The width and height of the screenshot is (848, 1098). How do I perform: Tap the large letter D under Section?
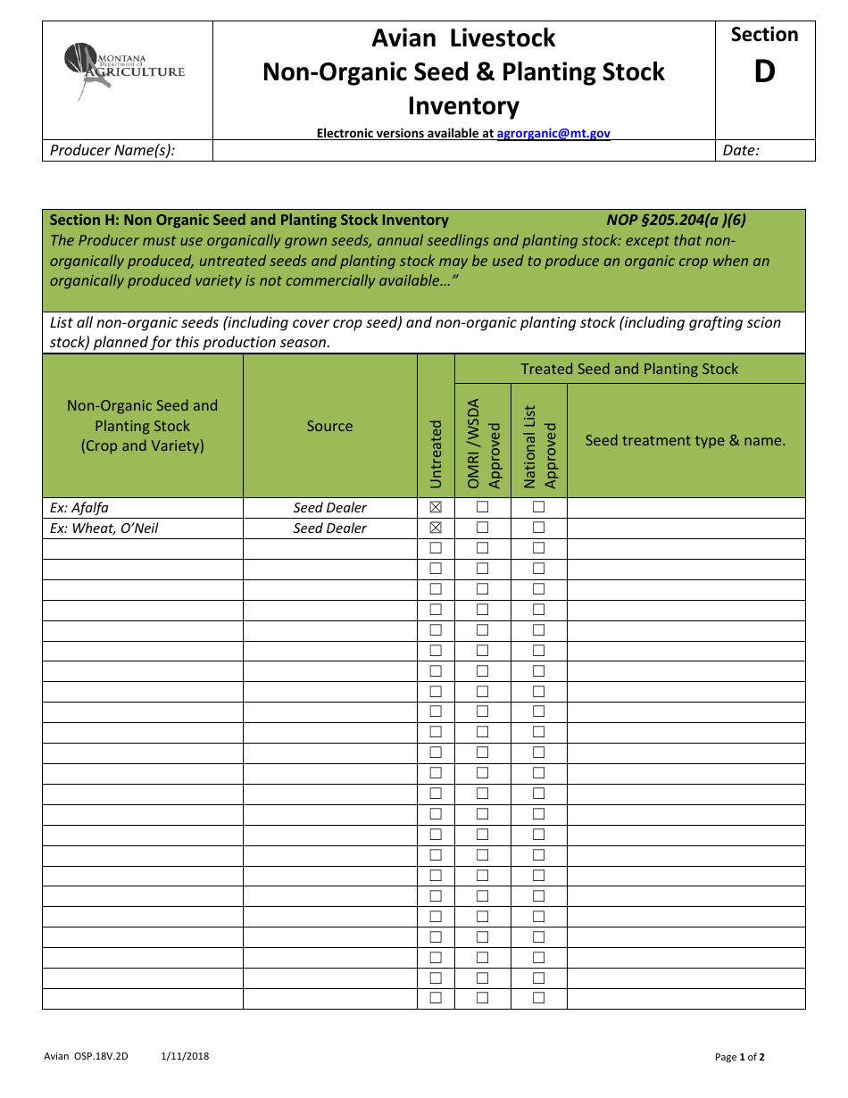[x=764, y=71]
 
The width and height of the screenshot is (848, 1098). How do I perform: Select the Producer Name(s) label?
[x=112, y=150]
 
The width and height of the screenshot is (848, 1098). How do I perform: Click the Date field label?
[x=740, y=150]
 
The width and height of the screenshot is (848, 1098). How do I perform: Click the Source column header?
[x=329, y=426]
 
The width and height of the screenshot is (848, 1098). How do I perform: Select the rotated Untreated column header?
[x=436, y=453]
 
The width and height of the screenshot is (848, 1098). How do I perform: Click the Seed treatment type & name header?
[x=685, y=440]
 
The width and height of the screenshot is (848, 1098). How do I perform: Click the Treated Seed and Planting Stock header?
[x=629, y=369]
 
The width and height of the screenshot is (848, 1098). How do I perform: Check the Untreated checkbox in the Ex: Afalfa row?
[x=436, y=507]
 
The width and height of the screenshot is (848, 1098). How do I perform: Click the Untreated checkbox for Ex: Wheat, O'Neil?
[x=436, y=528]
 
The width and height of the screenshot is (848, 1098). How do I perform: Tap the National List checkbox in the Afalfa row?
[x=538, y=507]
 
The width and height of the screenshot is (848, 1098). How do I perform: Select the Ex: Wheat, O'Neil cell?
[x=104, y=528]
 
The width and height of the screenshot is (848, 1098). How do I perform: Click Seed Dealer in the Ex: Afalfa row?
[x=329, y=507]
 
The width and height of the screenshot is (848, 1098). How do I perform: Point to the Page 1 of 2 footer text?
[x=739, y=1057]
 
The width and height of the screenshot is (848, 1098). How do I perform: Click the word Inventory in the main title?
[x=463, y=106]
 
